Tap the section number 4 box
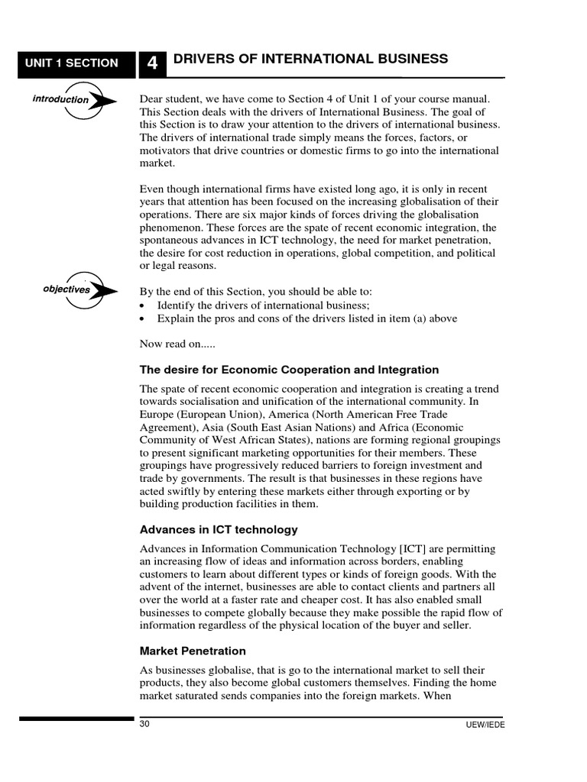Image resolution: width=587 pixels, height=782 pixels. point(152,64)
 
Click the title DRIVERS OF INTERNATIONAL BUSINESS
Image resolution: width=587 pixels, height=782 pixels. point(310,60)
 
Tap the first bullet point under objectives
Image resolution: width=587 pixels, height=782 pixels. point(144,305)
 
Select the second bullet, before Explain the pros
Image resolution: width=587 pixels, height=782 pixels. point(144,318)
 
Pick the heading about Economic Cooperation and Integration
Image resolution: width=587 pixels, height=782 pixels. point(289,370)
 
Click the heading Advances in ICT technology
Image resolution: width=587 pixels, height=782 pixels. point(219,529)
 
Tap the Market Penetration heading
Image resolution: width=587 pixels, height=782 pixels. point(193,651)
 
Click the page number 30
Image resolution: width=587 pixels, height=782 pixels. point(145,724)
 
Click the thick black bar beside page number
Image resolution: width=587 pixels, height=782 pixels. point(76,719)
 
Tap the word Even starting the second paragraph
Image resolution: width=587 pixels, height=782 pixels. point(153,189)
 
